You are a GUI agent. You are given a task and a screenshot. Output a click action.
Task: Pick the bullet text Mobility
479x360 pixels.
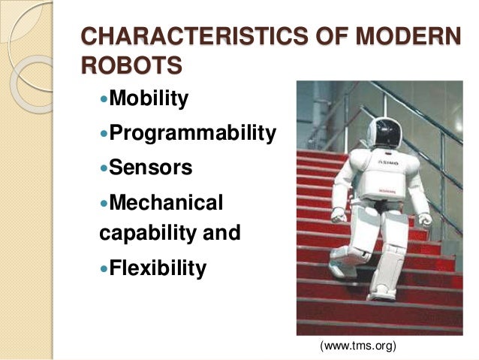pos(149,98)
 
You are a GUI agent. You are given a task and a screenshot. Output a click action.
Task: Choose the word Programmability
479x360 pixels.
pos(193,133)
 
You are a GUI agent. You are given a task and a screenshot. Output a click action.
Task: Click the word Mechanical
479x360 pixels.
pos(167,202)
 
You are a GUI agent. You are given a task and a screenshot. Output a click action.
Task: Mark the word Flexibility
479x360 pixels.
pos(158,268)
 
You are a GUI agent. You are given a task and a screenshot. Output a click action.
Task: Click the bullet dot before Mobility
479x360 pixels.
pos(104,100)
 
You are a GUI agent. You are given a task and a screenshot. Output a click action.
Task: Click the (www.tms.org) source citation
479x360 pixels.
pos(357,345)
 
